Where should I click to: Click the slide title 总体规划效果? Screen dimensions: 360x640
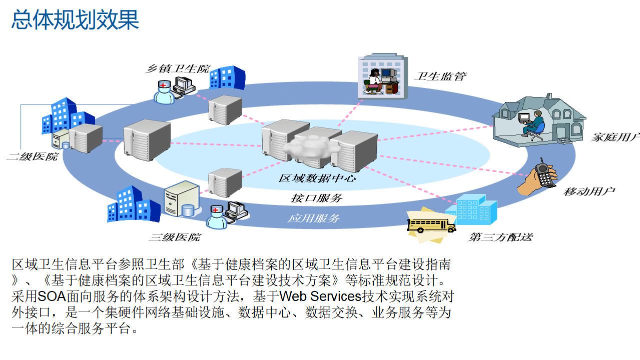(x=75, y=20)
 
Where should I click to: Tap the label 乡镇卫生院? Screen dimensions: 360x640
(x=177, y=69)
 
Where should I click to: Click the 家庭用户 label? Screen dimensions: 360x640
(x=615, y=137)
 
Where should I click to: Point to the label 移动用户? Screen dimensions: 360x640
(x=589, y=191)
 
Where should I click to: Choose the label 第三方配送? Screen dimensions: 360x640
(x=500, y=236)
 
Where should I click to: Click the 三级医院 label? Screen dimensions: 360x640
(x=175, y=237)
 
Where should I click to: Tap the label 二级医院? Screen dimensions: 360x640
(x=32, y=156)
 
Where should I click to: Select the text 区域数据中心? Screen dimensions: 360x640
(x=317, y=177)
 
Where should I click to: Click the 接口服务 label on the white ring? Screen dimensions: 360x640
(x=317, y=198)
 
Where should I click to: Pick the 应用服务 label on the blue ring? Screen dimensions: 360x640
(x=314, y=218)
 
